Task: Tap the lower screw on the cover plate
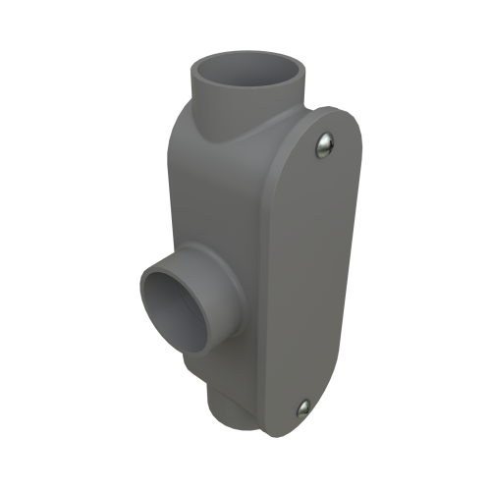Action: pos(303,406)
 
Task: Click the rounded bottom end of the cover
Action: pos(295,428)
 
